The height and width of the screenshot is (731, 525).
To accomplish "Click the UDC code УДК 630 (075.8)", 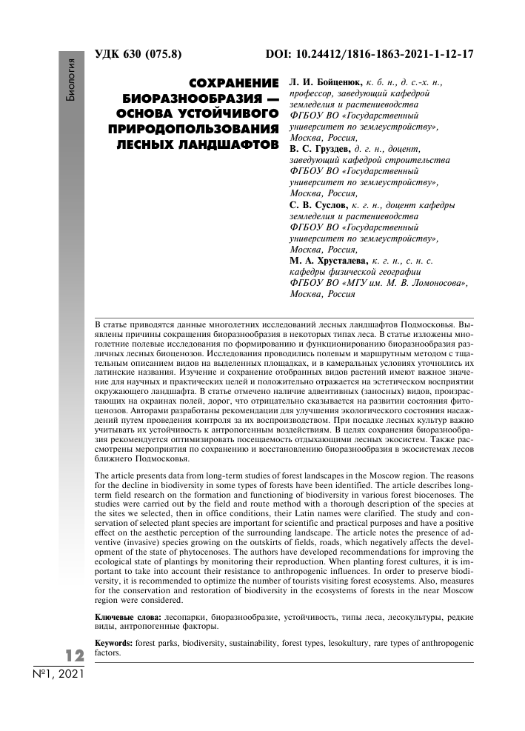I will tap(138, 55).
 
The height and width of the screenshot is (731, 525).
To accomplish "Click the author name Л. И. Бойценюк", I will tap(323, 83).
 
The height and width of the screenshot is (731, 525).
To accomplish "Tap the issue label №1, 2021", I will tap(58, 675).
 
